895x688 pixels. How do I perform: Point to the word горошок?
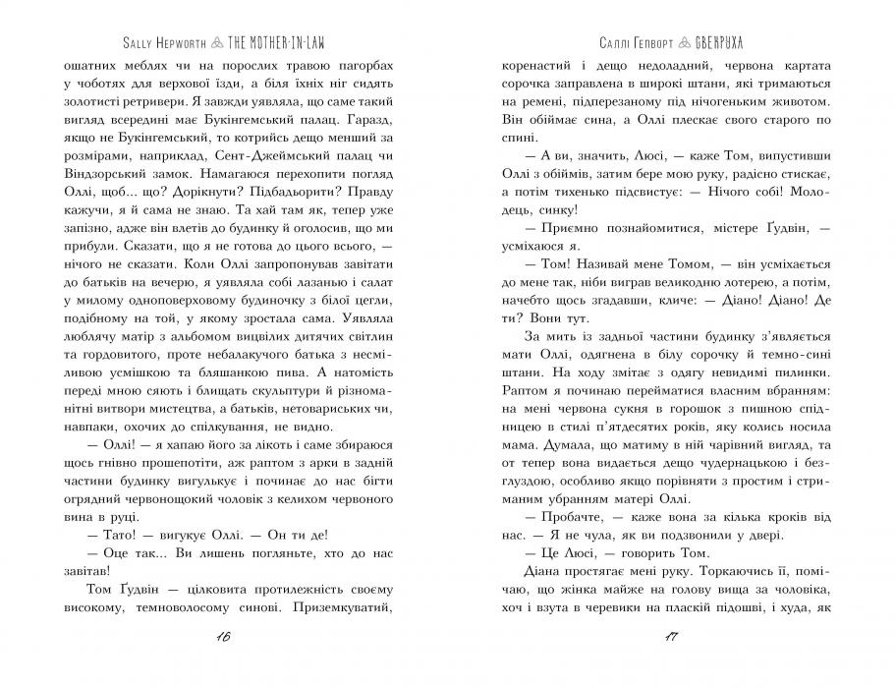coord(699,422)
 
